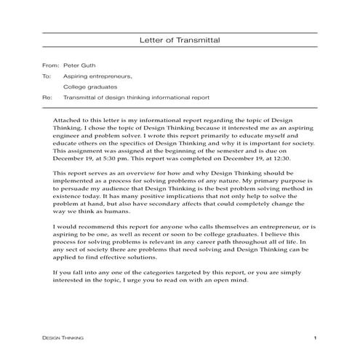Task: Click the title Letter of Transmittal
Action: (179, 41)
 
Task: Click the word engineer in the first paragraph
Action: (70, 135)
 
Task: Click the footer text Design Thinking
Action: (63, 338)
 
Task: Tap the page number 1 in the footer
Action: (314, 338)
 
